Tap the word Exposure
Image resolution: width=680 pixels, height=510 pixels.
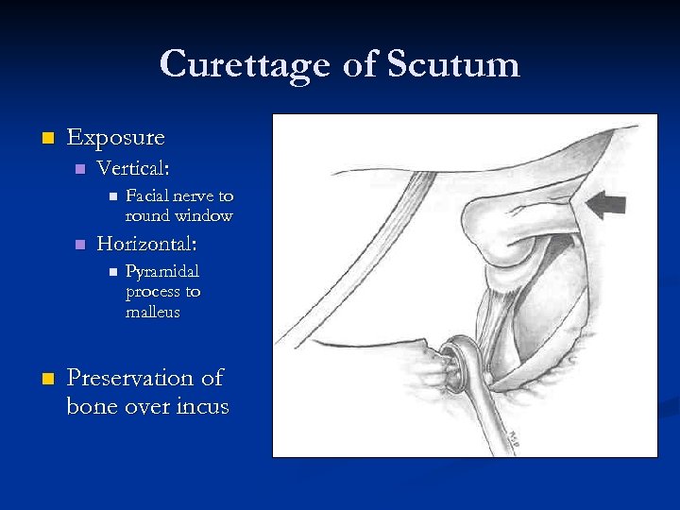click(x=115, y=138)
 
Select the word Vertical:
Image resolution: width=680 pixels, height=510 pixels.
click(x=133, y=169)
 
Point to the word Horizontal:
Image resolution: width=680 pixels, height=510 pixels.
click(x=146, y=245)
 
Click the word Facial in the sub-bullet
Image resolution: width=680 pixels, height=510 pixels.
click(x=145, y=196)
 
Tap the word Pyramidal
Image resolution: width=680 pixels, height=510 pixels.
click(x=162, y=272)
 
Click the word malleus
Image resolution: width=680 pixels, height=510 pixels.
click(x=152, y=312)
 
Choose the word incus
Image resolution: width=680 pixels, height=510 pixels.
click(x=203, y=407)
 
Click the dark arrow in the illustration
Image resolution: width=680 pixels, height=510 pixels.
click(x=605, y=202)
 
